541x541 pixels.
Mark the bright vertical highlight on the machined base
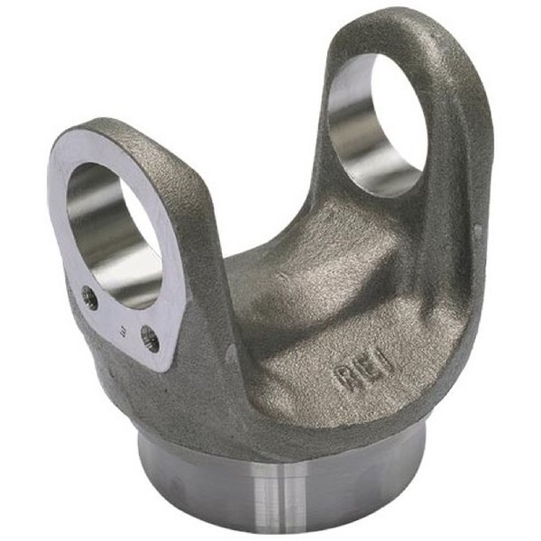tap(270, 500)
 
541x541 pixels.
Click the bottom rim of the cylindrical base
tap(270, 530)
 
